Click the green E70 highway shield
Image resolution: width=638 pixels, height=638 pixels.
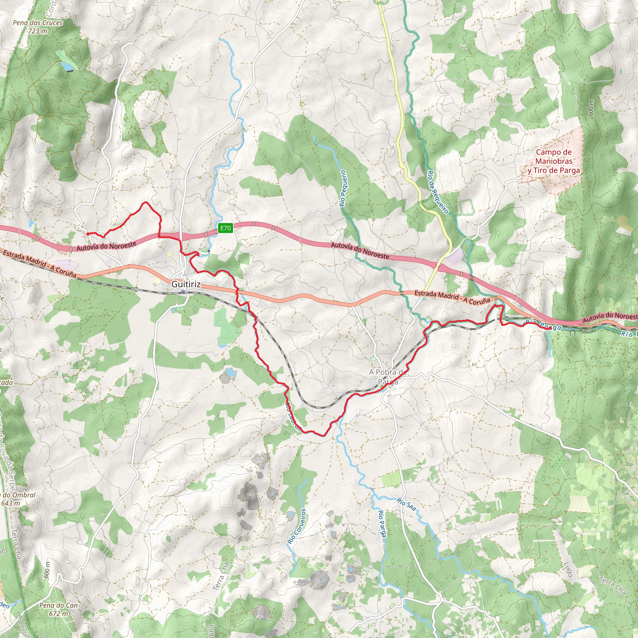click(226, 228)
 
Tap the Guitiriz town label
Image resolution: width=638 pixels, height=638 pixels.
click(186, 284)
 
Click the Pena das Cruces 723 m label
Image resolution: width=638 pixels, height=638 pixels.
click(38, 27)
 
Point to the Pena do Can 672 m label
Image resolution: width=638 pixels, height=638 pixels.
click(59, 610)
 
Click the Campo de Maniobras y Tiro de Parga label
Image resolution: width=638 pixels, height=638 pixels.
click(554, 161)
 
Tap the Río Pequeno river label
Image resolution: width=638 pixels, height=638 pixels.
click(343, 188)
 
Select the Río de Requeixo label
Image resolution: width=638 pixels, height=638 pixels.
click(438, 192)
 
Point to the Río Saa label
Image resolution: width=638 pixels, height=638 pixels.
click(407, 504)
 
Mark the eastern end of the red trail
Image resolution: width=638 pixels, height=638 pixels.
click(549, 329)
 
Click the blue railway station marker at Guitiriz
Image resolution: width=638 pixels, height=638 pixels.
click(183, 292)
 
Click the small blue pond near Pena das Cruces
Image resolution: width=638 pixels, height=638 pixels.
click(68, 67)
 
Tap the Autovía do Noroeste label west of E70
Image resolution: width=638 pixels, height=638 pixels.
click(106, 246)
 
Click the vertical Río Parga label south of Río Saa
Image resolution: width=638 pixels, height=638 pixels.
click(382, 528)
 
